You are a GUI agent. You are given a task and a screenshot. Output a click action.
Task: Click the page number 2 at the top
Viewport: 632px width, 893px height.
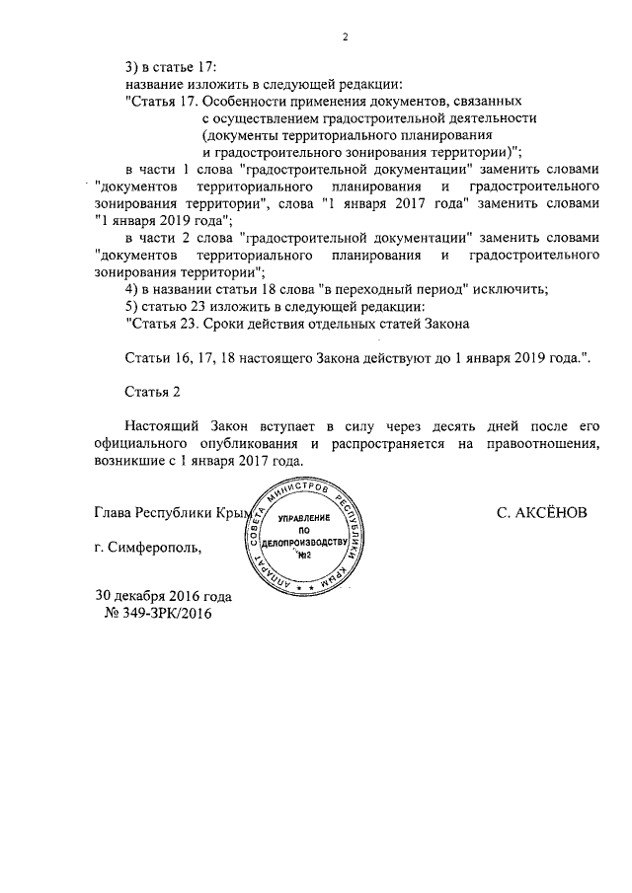(x=345, y=37)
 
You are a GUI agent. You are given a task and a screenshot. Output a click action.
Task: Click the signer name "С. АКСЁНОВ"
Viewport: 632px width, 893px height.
(x=544, y=513)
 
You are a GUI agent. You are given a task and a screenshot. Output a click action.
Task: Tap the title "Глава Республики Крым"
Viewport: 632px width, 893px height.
(x=169, y=513)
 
